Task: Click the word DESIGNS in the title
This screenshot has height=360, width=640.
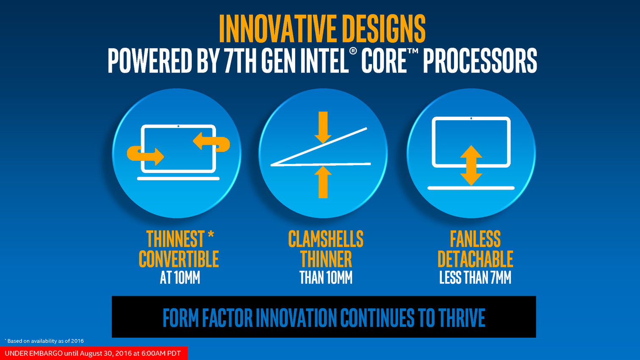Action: tap(384, 28)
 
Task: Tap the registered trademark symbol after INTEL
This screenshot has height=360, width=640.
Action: tap(353, 51)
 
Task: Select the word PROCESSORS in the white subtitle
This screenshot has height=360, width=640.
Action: tap(480, 61)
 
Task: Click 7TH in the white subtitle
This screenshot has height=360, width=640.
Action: tap(240, 61)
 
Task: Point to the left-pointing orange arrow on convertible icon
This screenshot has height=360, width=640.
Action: tap(211, 141)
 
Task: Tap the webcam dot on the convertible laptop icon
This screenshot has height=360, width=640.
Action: tap(178, 126)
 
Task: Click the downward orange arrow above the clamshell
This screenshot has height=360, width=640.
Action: tap(323, 127)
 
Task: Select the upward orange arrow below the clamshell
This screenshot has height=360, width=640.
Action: tap(323, 182)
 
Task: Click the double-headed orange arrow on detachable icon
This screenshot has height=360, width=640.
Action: tap(471, 166)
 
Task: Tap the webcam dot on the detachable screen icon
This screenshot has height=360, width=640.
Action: tap(471, 118)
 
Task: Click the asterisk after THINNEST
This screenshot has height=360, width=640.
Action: tap(211, 235)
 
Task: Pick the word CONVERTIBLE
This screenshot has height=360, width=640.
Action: tap(179, 259)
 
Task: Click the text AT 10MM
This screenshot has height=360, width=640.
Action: tap(180, 277)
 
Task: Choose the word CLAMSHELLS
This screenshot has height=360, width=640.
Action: tap(326, 239)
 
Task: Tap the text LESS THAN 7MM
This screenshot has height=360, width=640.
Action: tap(475, 277)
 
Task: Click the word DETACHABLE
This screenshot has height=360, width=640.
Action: tap(475, 259)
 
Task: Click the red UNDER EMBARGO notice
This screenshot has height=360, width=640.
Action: tap(94, 353)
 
